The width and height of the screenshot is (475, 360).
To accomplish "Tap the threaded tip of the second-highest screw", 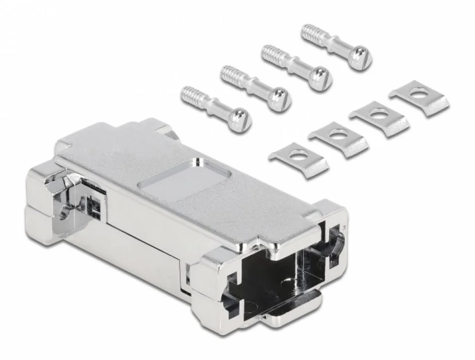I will (x=271, y=53).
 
